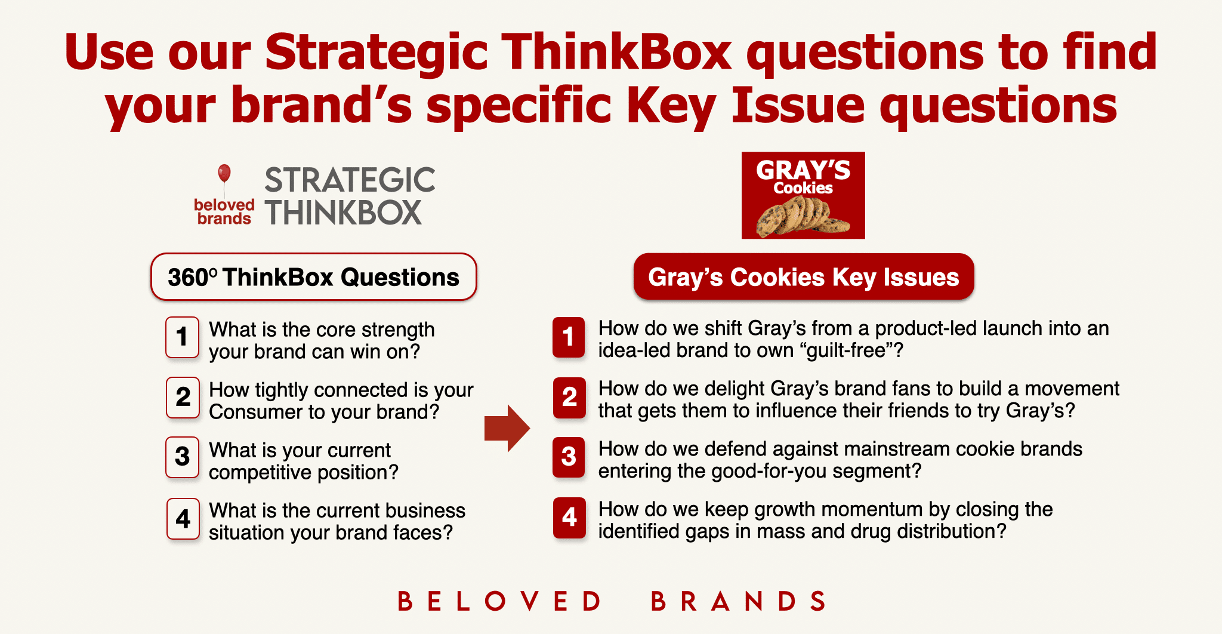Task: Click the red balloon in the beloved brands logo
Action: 224,173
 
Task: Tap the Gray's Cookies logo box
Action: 803,195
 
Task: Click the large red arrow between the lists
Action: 507,428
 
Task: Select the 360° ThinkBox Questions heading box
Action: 314,277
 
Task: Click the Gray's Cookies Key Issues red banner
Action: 804,277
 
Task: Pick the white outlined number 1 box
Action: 183,337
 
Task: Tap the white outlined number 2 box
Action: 183,398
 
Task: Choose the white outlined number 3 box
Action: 183,458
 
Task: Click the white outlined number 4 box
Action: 183,519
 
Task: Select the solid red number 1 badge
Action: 569,337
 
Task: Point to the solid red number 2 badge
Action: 569,398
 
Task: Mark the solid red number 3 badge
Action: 569,457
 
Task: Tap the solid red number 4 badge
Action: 569,518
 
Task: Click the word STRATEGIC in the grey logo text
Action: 350,180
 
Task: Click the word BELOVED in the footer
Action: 499,601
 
